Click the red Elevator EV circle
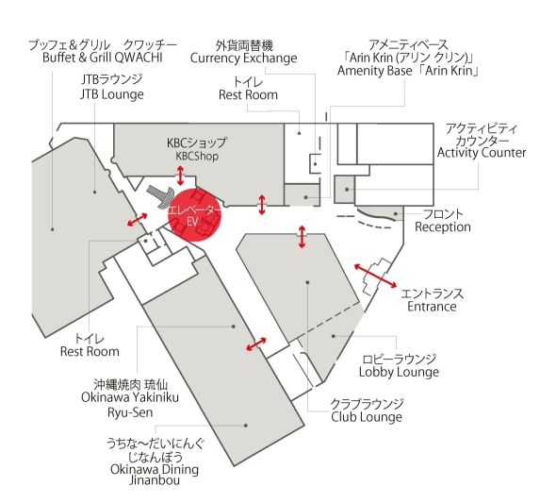click(x=194, y=214)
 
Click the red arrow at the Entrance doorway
click(x=375, y=276)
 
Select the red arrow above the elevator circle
click(x=180, y=176)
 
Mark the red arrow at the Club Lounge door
click(x=302, y=237)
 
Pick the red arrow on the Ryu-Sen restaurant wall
click(x=256, y=344)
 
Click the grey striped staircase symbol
click(x=161, y=196)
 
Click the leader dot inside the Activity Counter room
click(x=347, y=190)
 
